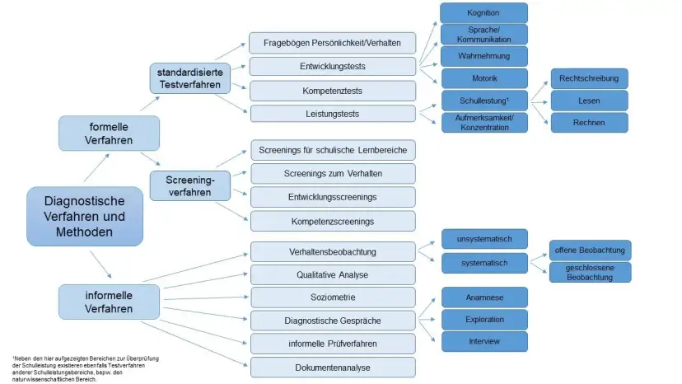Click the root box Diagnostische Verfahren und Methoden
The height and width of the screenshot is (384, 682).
point(84,217)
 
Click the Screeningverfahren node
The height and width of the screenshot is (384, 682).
point(190,185)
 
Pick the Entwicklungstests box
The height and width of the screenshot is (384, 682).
point(333,66)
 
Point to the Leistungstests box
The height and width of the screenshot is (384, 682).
point(333,114)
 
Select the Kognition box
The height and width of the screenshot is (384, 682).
point(483,13)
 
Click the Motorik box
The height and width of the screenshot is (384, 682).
point(483,78)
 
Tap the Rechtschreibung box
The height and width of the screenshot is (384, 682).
point(590,78)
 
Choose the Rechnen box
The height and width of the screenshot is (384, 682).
point(590,123)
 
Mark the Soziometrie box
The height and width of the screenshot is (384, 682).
point(333,297)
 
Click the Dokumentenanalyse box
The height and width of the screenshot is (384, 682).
point(333,368)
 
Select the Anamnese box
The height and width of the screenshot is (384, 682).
point(483,297)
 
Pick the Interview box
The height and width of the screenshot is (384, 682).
point(483,340)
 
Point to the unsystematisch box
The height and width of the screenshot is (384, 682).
point(483,240)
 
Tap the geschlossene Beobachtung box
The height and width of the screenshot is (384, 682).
point(590,273)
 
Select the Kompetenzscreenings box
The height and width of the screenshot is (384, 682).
point(333,221)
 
